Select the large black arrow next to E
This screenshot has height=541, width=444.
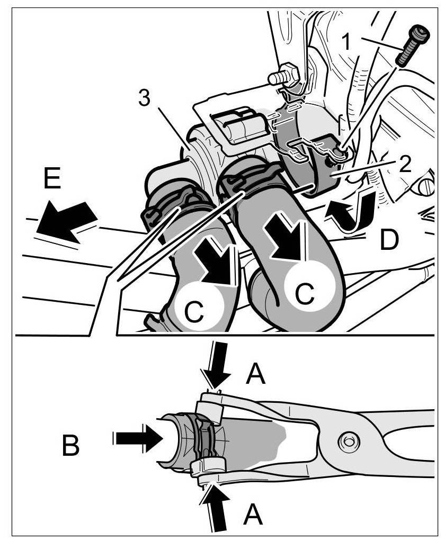66,219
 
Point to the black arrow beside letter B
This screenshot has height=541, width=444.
139,438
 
